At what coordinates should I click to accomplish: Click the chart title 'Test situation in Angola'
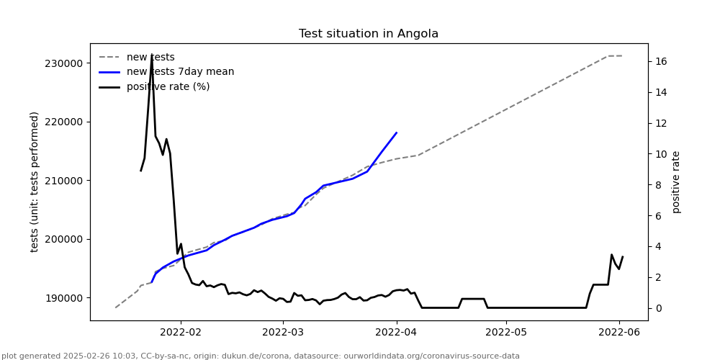click(x=368, y=34)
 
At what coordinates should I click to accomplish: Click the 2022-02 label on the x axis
click(x=180, y=333)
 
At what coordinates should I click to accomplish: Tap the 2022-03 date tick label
click(x=284, y=333)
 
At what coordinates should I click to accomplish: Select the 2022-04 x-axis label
click(x=397, y=333)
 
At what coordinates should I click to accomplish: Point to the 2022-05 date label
click(x=506, y=333)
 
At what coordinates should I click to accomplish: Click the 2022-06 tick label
click(x=619, y=333)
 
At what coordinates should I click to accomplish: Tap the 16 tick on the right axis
click(x=660, y=62)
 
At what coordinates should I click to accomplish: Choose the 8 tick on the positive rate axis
click(x=657, y=185)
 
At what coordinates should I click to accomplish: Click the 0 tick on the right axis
click(x=657, y=308)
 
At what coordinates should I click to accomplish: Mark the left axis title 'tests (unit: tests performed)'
click(x=35, y=181)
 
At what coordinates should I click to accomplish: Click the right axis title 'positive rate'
click(x=676, y=181)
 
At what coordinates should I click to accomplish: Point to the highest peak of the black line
click(x=151, y=56)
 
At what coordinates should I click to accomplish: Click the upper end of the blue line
click(x=397, y=132)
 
